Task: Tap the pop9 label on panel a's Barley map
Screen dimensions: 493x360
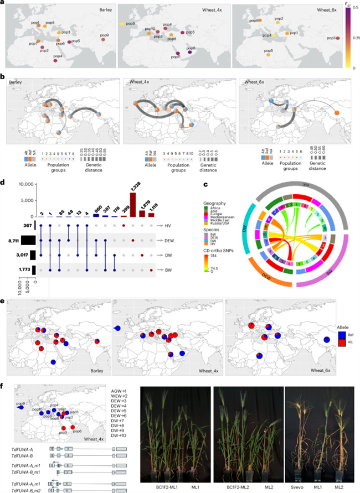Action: (104, 35)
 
